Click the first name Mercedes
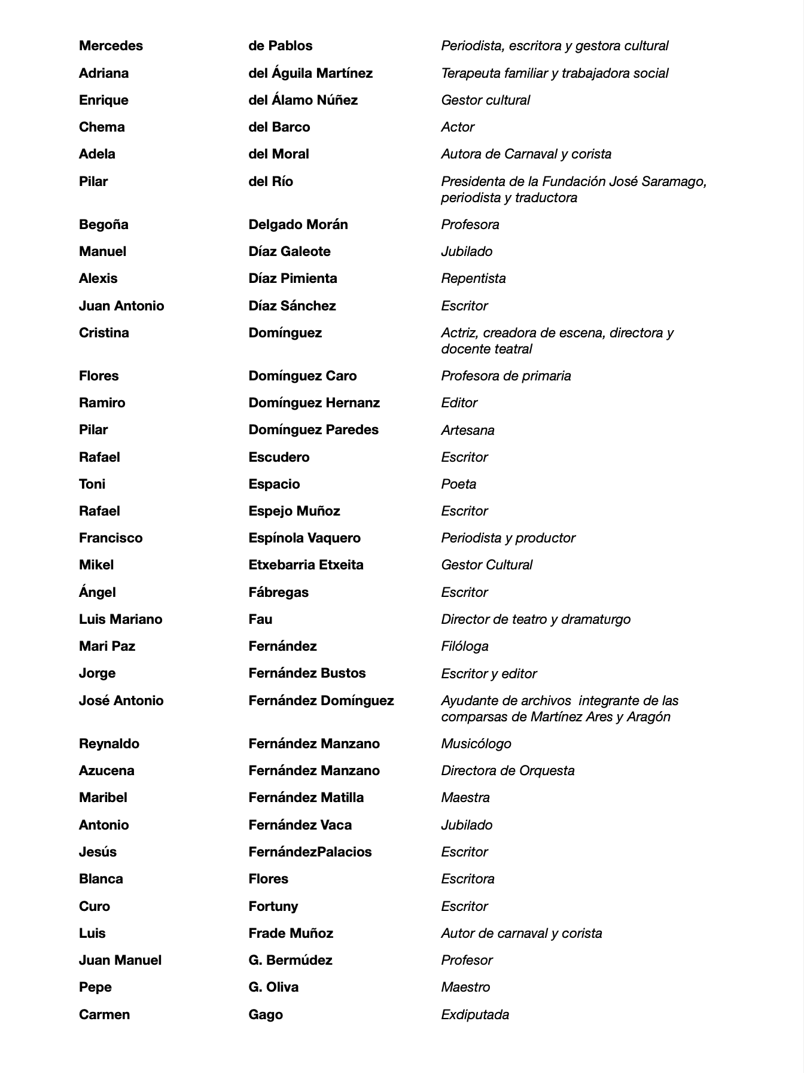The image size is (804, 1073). click(x=111, y=46)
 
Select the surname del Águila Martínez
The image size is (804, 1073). click(x=310, y=73)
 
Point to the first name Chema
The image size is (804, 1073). click(x=102, y=127)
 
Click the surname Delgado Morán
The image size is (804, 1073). click(x=298, y=225)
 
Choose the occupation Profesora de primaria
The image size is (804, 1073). click(x=505, y=376)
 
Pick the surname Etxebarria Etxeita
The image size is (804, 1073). click(x=306, y=565)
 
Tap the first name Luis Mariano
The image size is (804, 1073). click(x=120, y=619)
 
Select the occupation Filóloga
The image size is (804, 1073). click(x=464, y=646)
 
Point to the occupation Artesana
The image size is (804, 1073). click(x=467, y=430)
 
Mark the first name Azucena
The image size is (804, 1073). click(x=106, y=770)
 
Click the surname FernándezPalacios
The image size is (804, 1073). click(x=310, y=852)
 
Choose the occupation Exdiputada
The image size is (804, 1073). click(x=475, y=1014)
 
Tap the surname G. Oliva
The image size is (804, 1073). click(x=273, y=987)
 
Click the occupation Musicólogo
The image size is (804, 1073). click(x=476, y=743)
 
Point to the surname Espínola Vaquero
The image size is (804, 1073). click(x=304, y=538)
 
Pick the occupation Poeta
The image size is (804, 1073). click(x=458, y=484)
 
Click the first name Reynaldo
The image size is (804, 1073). click(x=109, y=743)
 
